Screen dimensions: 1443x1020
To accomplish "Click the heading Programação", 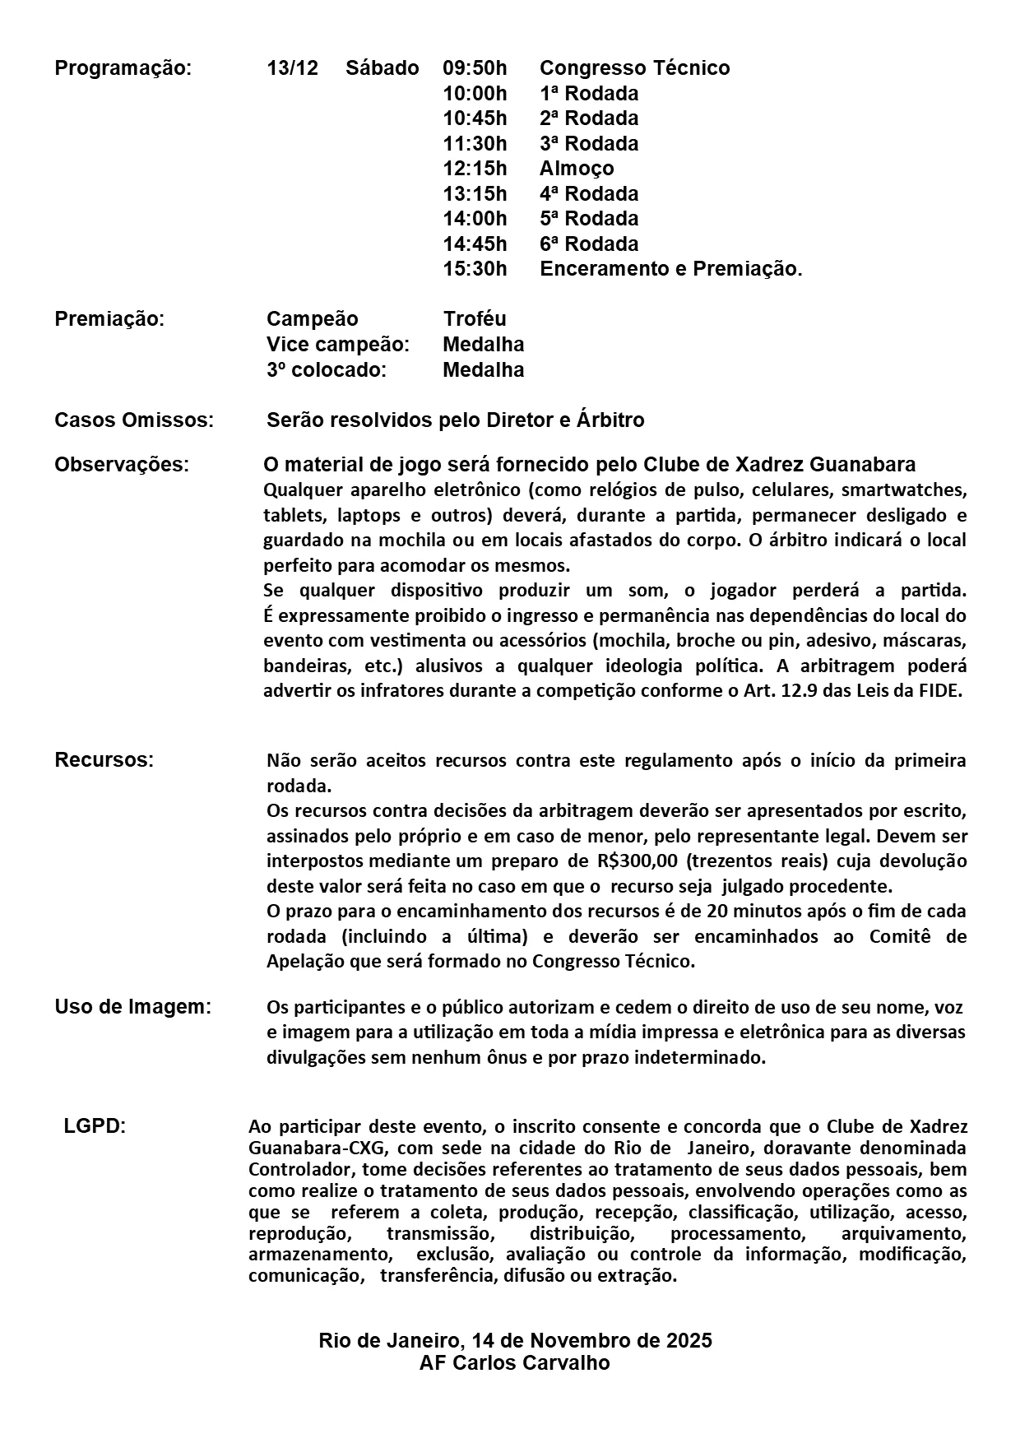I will click(123, 68).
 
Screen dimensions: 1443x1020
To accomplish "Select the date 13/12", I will click(292, 68).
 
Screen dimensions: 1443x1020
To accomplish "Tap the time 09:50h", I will click(475, 68).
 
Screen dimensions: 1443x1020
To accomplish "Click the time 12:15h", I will click(475, 169).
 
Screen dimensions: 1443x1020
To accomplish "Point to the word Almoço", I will click(577, 169).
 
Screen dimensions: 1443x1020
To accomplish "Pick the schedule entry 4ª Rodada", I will click(589, 194).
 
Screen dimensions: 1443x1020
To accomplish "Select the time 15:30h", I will click(475, 269).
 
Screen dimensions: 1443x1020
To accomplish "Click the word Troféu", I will click(475, 319).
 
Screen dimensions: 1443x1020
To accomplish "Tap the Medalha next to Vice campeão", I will click(483, 344).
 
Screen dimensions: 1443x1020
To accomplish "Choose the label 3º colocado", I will click(326, 370).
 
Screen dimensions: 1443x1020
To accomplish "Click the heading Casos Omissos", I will click(134, 420).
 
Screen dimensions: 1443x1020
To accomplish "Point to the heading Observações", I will click(122, 465).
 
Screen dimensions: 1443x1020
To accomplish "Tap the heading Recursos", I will click(104, 760).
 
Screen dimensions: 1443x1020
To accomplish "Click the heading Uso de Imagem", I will click(132, 1007).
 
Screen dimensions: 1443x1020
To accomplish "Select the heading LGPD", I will click(95, 1126).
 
